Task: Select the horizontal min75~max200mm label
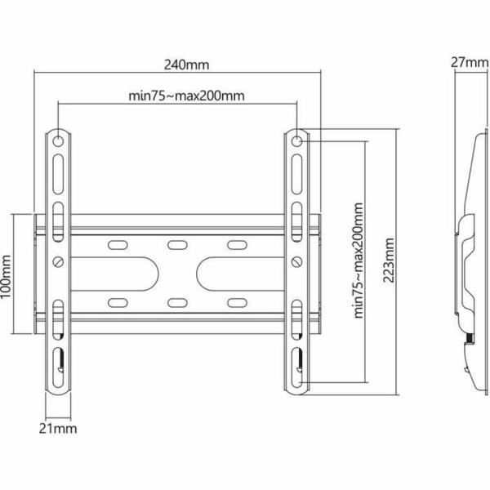tap(187, 95)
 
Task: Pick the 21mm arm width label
tap(56, 426)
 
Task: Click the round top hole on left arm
tap(59, 140)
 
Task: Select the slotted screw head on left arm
tap(59, 261)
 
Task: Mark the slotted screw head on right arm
tap(297, 261)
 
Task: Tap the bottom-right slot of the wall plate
tap(236, 303)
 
